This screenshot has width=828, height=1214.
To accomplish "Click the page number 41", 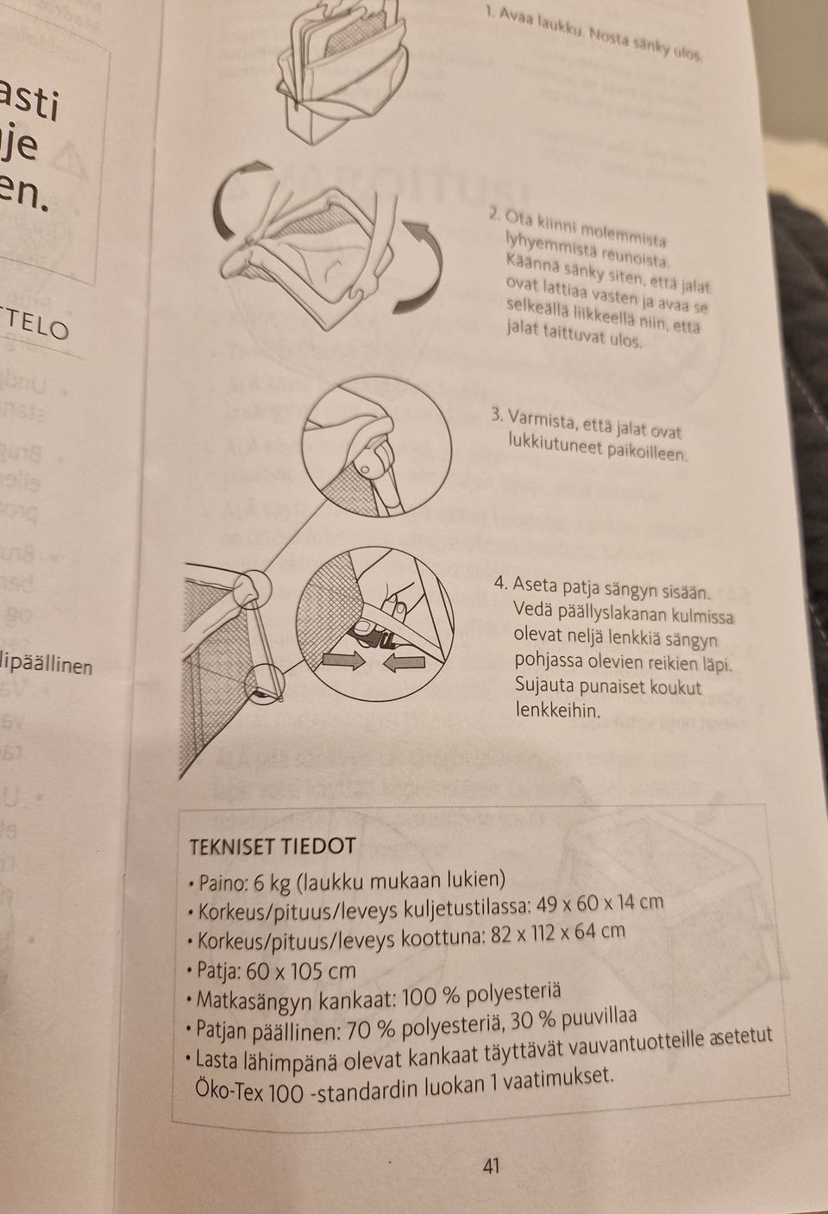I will coord(492,1167).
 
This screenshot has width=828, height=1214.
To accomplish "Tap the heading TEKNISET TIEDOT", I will coord(272,846).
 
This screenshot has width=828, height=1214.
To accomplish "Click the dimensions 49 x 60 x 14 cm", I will coord(599,904).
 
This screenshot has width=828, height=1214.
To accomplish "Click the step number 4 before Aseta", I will coord(499,583).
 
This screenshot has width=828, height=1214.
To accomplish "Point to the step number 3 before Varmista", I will coord(496,415).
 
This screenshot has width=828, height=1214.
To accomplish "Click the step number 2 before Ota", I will coord(493,213).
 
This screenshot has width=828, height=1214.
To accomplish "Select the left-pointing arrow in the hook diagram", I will coord(404,662).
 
